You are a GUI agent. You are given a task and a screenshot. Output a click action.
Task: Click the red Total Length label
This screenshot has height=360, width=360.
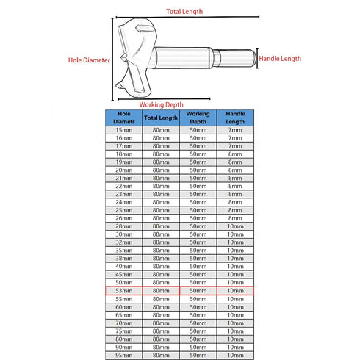[x=184, y=12]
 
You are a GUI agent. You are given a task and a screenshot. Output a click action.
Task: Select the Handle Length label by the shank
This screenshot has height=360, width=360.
[x=281, y=58]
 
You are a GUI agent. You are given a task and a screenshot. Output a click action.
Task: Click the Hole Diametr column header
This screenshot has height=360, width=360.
[x=125, y=118]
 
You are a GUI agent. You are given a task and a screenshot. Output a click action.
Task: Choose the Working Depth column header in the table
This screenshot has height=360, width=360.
[x=198, y=118]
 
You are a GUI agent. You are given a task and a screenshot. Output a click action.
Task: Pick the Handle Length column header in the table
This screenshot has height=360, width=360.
[x=234, y=118]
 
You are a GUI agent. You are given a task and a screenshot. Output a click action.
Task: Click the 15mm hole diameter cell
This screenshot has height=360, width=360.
[x=125, y=129]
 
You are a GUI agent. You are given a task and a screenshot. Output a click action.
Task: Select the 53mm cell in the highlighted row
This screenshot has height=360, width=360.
[x=125, y=291]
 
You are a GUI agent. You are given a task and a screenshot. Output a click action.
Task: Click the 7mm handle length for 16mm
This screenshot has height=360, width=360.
[x=234, y=137]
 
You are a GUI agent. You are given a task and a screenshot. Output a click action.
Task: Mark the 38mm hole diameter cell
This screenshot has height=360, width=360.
[x=125, y=259]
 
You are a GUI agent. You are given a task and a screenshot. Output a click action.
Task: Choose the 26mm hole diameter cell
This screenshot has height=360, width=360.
[x=125, y=218]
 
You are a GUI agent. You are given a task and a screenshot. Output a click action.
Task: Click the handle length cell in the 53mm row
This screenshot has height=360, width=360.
[x=234, y=291]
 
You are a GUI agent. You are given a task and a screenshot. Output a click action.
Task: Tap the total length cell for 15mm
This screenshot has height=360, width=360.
[x=161, y=129]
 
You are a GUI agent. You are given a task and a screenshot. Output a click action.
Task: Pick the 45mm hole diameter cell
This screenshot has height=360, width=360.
[x=125, y=275]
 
